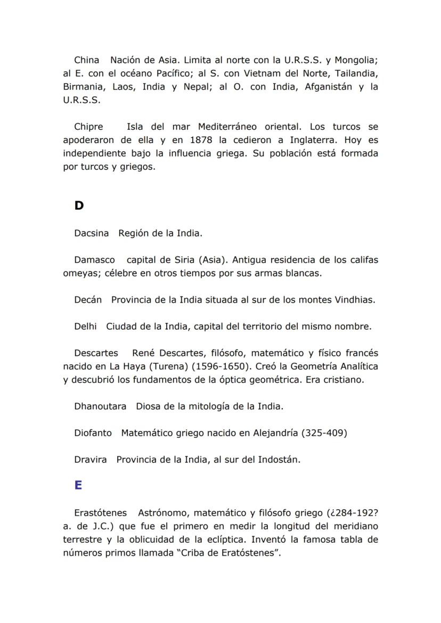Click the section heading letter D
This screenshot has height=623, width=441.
coord(79,205)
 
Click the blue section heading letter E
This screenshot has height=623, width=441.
coord(78,485)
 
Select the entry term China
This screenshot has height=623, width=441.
coord(87,60)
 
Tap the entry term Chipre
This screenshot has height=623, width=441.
coord(89,127)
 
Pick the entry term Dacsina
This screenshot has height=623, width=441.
coord(92,233)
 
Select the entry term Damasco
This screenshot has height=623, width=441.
coord(95,260)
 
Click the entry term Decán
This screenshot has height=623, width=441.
coord(88,300)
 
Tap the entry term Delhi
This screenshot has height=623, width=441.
coord(85,326)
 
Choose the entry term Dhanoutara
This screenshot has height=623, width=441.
coord(100,406)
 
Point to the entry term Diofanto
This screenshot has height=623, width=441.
coord(93,433)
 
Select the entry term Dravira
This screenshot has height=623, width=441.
coord(91,460)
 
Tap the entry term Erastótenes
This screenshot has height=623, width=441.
coord(101,513)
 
